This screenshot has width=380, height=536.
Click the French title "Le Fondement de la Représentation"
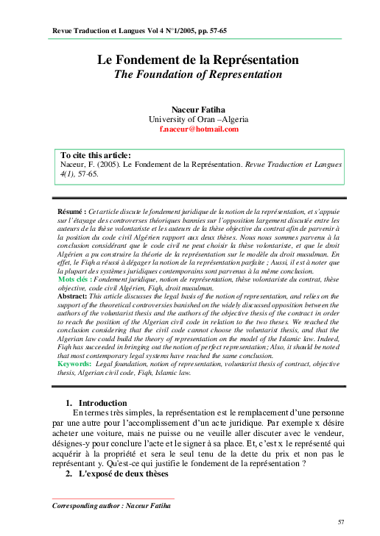point(198,59)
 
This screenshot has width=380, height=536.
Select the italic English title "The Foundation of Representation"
point(198,74)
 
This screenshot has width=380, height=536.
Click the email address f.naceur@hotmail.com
point(199,129)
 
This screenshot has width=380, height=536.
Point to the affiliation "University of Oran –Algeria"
point(199,119)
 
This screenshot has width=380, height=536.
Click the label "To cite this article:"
point(95,155)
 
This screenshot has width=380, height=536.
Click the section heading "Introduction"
point(102,403)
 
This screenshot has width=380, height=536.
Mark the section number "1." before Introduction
point(69,403)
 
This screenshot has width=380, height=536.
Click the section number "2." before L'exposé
point(69,474)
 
